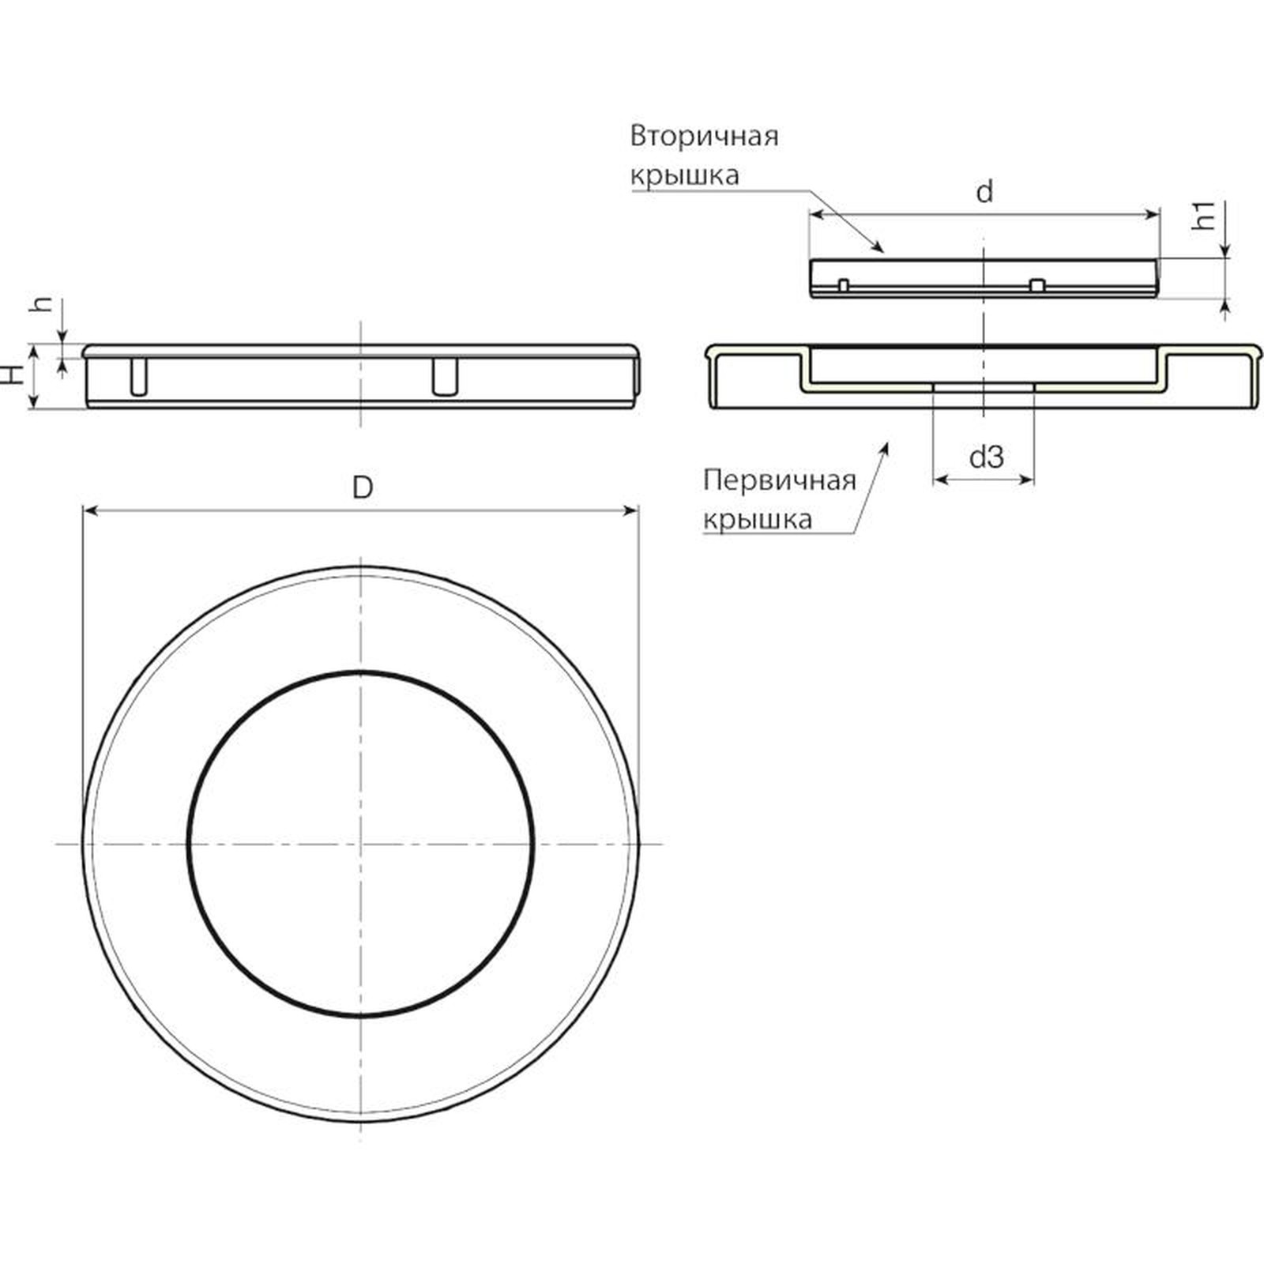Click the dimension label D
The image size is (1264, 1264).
(362, 487)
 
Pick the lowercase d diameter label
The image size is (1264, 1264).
(984, 191)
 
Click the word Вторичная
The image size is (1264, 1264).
(704, 136)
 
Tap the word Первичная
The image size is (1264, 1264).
(780, 480)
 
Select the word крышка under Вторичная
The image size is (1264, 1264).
(684, 175)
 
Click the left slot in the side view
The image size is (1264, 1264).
(138, 377)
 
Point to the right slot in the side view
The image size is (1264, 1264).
(445, 376)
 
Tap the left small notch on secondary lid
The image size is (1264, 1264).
(844, 284)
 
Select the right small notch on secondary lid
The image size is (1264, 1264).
(1038, 284)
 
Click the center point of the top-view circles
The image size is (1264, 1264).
(360, 844)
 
